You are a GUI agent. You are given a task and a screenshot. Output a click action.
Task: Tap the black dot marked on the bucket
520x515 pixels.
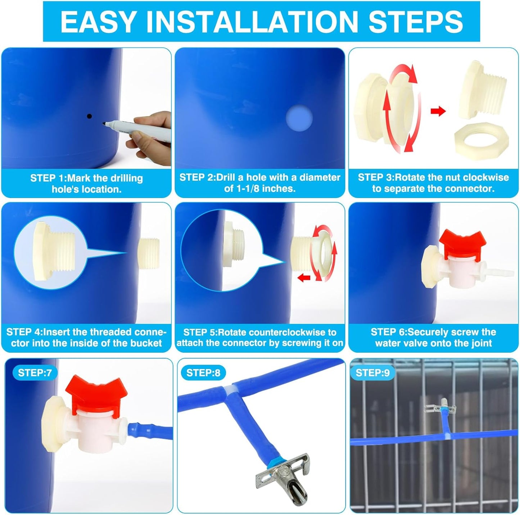coord(89,116)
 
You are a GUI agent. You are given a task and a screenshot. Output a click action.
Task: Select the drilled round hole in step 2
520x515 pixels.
coord(299,118)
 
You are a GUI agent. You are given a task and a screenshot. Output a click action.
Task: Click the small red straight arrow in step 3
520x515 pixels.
coord(438,111)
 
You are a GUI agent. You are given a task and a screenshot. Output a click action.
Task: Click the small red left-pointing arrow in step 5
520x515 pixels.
coord(304,277)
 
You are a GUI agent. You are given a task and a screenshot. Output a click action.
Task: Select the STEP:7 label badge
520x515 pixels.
coord(35,373)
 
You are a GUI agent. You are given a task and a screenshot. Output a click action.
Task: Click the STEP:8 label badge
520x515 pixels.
coord(203,373)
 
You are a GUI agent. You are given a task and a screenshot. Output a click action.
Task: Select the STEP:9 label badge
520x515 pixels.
coord(372,373)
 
